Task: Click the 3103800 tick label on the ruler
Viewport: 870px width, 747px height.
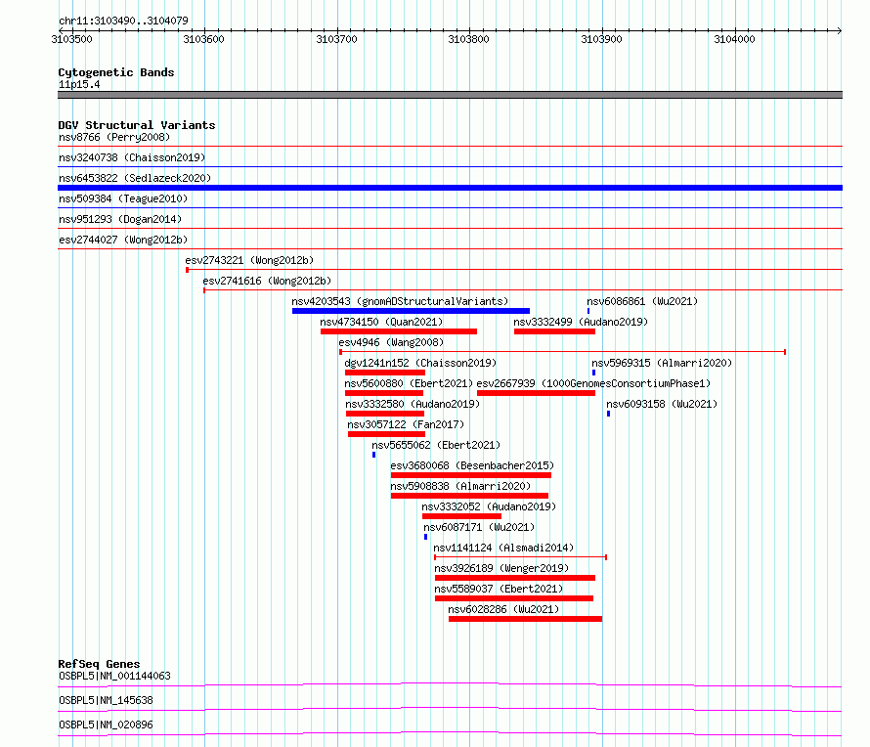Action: (x=469, y=39)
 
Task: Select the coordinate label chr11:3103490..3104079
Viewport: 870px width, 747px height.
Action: (x=124, y=21)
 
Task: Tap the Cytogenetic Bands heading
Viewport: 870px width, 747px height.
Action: (x=116, y=72)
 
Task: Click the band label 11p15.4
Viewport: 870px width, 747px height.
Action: (x=79, y=84)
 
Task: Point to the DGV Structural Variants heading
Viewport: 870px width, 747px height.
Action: (x=137, y=125)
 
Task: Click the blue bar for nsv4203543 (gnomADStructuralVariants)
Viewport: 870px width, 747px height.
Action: (x=412, y=311)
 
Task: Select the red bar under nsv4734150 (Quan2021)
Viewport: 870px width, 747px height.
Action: (x=399, y=331)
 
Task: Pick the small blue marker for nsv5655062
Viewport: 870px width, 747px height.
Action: (x=374, y=455)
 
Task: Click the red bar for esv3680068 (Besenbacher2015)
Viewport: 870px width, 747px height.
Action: (x=471, y=475)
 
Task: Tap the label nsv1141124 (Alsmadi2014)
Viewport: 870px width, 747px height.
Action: (x=503, y=548)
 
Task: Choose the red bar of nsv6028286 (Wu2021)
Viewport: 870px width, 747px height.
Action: (x=526, y=619)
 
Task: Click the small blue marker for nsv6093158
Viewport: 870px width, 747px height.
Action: (x=609, y=414)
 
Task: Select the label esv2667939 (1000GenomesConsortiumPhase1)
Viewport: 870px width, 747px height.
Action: (x=593, y=383)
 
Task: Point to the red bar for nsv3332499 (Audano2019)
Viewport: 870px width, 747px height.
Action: (x=555, y=331)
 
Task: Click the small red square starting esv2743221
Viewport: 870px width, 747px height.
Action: (x=187, y=270)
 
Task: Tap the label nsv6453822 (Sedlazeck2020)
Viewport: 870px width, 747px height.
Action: (x=135, y=178)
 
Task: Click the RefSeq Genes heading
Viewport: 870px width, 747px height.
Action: (x=99, y=664)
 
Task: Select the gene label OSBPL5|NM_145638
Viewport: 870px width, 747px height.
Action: (x=106, y=700)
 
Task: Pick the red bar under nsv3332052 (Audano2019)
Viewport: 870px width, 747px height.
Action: (x=461, y=516)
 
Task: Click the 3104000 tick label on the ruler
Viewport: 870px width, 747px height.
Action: (x=734, y=39)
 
